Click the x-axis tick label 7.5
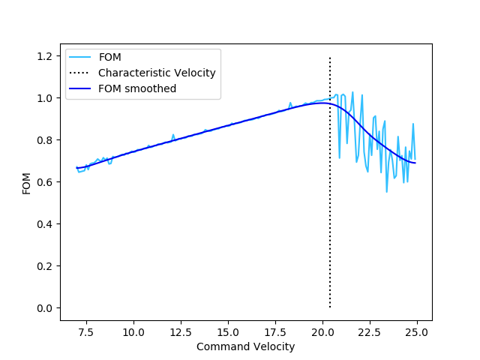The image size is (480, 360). [x=86, y=332]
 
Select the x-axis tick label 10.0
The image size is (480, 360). [x=133, y=332]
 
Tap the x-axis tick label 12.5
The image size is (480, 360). [x=181, y=332]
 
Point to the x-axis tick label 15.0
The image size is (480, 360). [x=228, y=332]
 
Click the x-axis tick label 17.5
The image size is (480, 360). [x=275, y=332]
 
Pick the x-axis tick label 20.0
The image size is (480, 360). [x=322, y=332]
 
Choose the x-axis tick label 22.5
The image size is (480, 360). [x=370, y=332]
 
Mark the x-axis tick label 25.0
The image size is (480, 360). [x=417, y=332]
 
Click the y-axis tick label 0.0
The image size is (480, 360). [x=46, y=308]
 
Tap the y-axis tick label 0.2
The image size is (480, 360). [x=46, y=266]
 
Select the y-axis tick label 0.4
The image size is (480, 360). [x=46, y=224]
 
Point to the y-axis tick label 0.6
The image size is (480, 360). [x=46, y=182]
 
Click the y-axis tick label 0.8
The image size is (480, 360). [x=46, y=140]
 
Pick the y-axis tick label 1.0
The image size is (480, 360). [x=46, y=98]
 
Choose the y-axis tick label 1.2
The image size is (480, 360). [x=46, y=56]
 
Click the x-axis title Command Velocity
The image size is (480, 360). [x=245, y=346]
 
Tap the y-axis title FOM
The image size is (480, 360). [x=26, y=182]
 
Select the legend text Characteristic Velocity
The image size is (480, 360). [x=157, y=73]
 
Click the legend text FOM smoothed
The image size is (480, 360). [x=137, y=88]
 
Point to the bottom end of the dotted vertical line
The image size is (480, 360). [x=330, y=307]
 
